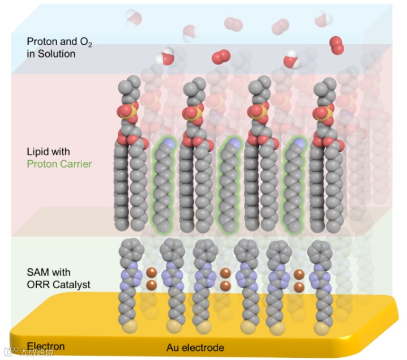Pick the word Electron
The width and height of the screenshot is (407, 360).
[x=46, y=346]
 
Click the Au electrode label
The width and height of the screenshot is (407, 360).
[x=195, y=347]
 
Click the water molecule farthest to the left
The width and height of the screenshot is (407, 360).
[x=134, y=18]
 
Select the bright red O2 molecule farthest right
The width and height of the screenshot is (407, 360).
[x=337, y=45]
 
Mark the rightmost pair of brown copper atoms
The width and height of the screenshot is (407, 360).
[x=299, y=280]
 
